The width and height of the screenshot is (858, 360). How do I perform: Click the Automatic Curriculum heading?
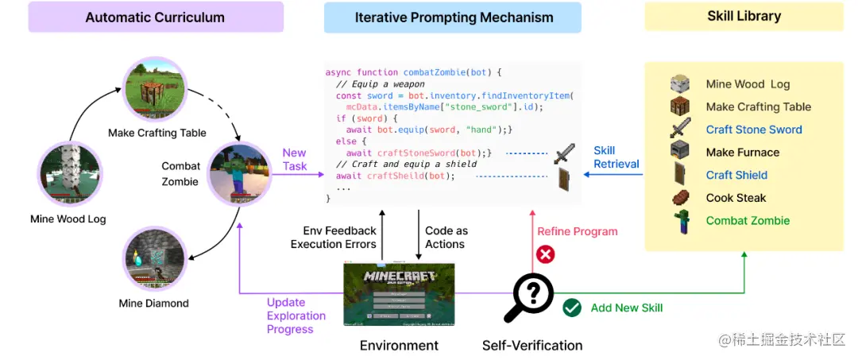click(155, 17)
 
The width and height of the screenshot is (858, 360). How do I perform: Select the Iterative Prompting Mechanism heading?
click(452, 17)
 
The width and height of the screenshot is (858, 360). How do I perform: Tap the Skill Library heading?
click(744, 16)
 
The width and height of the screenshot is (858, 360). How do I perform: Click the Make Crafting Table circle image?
click(156, 90)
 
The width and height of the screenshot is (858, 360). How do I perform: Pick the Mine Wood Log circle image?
click(70, 175)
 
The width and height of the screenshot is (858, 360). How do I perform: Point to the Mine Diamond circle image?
click(155, 258)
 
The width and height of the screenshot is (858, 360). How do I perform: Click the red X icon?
click(546, 255)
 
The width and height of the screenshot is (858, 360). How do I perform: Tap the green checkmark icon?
click(571, 308)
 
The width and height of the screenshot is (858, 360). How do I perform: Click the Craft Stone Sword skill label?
click(754, 130)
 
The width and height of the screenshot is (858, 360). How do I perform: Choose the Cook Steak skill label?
click(736, 198)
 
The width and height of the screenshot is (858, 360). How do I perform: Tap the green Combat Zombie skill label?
click(748, 221)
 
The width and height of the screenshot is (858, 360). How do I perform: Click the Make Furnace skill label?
click(743, 153)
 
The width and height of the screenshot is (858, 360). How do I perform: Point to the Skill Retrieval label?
click(616, 157)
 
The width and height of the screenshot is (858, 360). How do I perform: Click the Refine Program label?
click(578, 231)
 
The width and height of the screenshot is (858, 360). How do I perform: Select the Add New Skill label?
click(626, 308)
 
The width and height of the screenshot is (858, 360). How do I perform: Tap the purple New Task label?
click(295, 160)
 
